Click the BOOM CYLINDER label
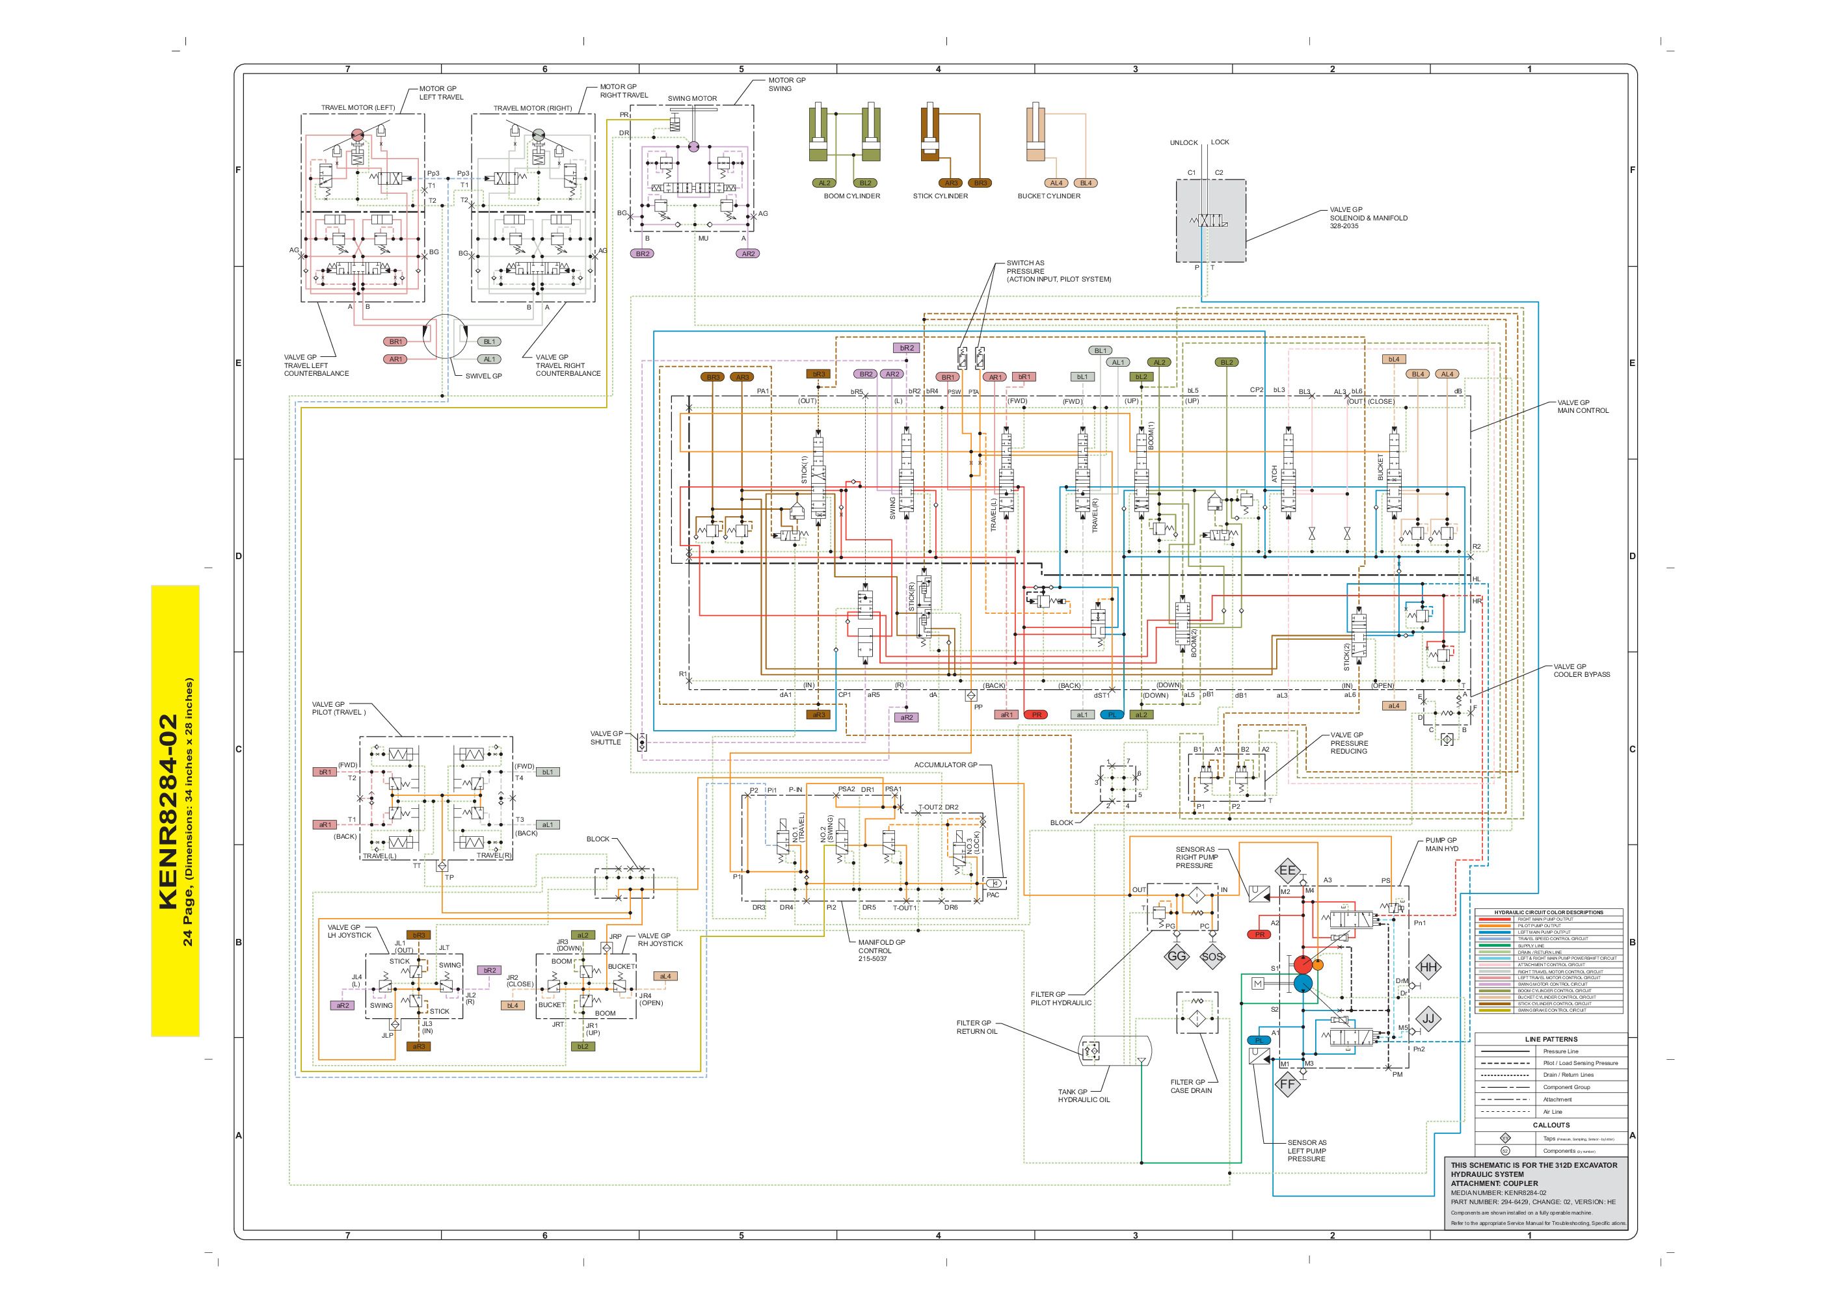click(x=851, y=196)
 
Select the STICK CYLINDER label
click(x=940, y=196)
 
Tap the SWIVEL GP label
click(x=483, y=376)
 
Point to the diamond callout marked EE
click(x=1287, y=871)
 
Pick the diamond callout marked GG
click(x=1177, y=956)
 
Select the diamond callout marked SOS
click(x=1212, y=956)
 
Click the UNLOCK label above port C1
click(x=1183, y=143)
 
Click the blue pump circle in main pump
click(x=1303, y=984)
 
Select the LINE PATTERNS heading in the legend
click(x=1550, y=1039)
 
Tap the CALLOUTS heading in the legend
click(x=1550, y=1125)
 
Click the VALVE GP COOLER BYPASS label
click(x=1581, y=670)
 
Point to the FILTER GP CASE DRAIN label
click(x=1190, y=1086)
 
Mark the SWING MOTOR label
click(x=692, y=99)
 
